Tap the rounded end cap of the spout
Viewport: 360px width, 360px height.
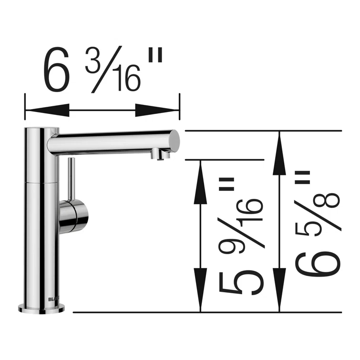[x=175, y=141]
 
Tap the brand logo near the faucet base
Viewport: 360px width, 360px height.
[x=53, y=299]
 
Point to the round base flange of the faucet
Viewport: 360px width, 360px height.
[x=41, y=309]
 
